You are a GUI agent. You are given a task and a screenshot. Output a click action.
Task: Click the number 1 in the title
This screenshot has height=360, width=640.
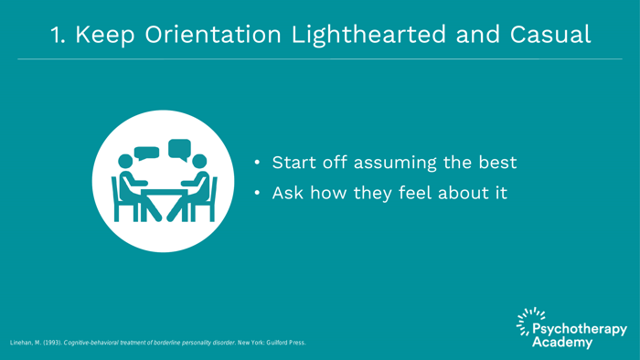click(x=56, y=35)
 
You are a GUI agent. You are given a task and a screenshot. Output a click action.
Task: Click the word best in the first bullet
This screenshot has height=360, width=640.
click(x=495, y=163)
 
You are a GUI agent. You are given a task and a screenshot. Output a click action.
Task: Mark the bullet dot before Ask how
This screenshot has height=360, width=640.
click(x=259, y=194)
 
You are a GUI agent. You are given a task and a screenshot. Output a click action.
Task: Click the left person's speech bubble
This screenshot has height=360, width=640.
click(x=146, y=153)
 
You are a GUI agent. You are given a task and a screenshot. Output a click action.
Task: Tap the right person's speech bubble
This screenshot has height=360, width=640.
click(x=179, y=148)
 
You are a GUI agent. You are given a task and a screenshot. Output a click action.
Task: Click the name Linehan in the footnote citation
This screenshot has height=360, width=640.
click(x=25, y=343)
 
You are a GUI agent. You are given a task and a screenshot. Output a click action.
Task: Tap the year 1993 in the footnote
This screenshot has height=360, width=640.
click(x=51, y=343)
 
